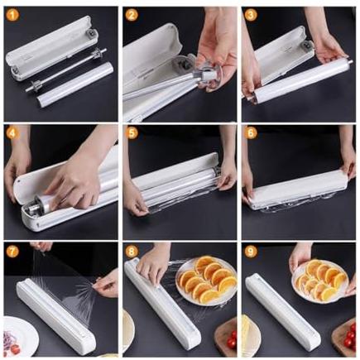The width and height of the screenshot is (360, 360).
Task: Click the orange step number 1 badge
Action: pyautogui.click(x=12, y=16)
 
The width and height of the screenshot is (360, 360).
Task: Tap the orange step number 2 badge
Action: pyautogui.click(x=132, y=16)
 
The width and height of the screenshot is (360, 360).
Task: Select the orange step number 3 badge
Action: pyautogui.click(x=251, y=16)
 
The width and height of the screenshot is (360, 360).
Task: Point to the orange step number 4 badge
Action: pyautogui.click(x=12, y=134)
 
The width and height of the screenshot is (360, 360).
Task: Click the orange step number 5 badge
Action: pyautogui.click(x=132, y=134)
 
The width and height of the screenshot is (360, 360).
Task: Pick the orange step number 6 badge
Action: pyautogui.click(x=251, y=133)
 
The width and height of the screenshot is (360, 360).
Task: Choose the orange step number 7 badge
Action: pyautogui.click(x=12, y=252)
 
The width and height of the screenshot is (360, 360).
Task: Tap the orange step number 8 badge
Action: pyautogui.click(x=132, y=252)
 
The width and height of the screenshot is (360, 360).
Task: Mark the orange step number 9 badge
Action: pyautogui.click(x=251, y=252)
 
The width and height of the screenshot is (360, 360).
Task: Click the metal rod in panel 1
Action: pyautogui.click(x=65, y=70)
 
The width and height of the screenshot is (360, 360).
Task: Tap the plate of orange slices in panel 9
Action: pyautogui.click(x=320, y=281)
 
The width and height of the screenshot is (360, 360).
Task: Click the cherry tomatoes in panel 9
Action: pyautogui.click(x=350, y=336)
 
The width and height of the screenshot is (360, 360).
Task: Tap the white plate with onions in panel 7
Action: pyautogui.click(x=20, y=336)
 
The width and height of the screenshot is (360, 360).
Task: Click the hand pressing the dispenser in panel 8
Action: pyautogui.click(x=152, y=265)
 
